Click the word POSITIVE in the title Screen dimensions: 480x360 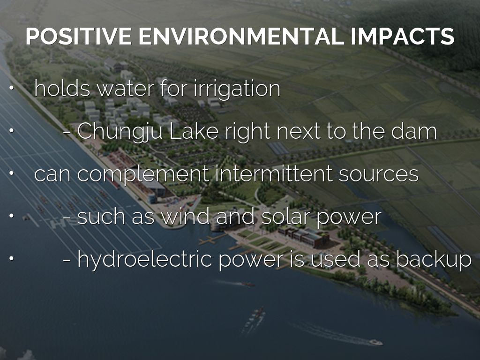(79, 37)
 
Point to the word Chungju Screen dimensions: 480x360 (120, 132)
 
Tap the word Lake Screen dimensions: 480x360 (194, 131)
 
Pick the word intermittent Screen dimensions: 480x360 (274, 173)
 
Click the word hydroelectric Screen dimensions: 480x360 (145, 260)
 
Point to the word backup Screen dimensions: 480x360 (434, 260)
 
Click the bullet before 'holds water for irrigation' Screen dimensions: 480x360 (11, 88)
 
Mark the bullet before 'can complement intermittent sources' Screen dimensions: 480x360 (11, 173)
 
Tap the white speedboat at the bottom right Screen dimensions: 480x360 (375, 342)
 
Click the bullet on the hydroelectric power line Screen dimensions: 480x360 (11, 258)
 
